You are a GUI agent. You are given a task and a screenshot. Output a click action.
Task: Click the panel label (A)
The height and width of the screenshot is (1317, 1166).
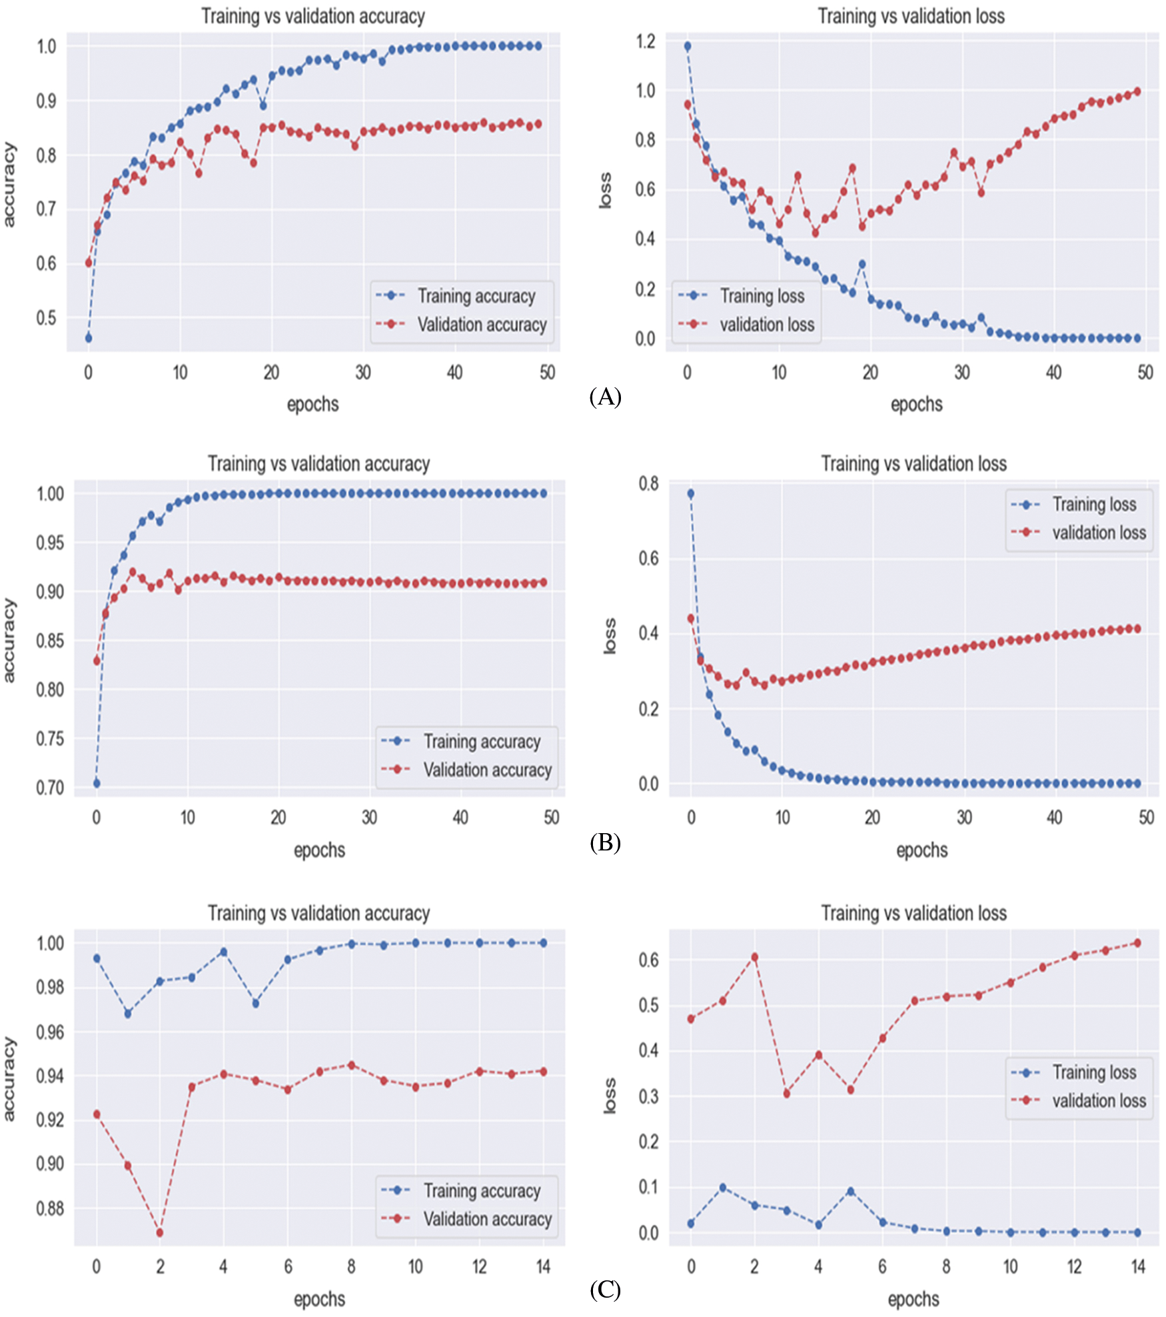(605, 397)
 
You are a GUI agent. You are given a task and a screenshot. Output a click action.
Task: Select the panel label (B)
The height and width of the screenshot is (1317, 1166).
(605, 843)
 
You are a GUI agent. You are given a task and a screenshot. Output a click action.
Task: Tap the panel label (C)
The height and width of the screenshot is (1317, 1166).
(605, 1290)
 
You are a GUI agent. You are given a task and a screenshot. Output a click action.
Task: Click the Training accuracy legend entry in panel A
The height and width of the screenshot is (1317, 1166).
(476, 296)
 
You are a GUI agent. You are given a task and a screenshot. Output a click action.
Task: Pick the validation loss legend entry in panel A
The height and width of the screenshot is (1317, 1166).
(766, 325)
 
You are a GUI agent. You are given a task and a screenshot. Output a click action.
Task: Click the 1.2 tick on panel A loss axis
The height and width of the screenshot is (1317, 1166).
(646, 42)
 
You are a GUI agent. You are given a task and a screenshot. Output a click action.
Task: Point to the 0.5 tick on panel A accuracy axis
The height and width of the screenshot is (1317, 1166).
(47, 318)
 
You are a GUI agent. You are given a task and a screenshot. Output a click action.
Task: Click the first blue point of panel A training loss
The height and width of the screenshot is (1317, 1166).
(688, 46)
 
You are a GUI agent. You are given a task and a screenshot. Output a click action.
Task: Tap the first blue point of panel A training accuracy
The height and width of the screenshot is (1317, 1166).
(89, 338)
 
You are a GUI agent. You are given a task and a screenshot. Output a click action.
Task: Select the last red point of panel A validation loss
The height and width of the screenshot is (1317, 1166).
(1137, 91)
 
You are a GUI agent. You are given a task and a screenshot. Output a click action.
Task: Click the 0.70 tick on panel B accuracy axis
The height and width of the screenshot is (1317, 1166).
(50, 788)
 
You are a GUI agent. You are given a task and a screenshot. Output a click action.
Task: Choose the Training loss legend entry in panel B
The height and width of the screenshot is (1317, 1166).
(1094, 505)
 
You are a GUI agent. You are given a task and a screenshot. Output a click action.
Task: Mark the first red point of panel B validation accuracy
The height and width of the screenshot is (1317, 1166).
(97, 660)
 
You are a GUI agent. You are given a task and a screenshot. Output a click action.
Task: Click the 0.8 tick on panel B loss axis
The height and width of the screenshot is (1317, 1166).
(648, 483)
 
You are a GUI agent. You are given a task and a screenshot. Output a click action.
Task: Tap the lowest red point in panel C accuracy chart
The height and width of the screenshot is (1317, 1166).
(160, 1233)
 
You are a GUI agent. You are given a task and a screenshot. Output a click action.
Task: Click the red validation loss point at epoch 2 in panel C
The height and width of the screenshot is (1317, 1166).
(755, 957)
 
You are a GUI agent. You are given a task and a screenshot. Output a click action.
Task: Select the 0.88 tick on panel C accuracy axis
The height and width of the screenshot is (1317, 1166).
(50, 1208)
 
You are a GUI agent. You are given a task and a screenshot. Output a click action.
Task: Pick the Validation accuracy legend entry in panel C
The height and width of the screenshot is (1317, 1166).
(487, 1219)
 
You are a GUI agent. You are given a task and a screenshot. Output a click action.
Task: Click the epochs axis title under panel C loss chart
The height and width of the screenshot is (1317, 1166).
(913, 1299)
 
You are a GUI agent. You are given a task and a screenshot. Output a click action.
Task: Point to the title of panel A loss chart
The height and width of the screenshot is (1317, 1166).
(911, 16)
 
